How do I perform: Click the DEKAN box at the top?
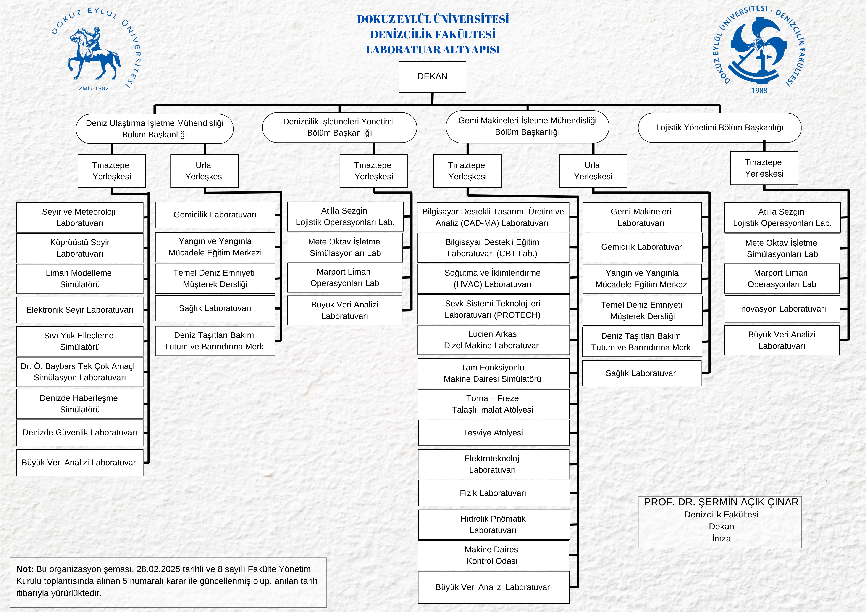[x=432, y=77]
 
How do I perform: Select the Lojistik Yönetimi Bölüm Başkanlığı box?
[x=719, y=128]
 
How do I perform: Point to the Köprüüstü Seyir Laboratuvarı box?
[x=80, y=248]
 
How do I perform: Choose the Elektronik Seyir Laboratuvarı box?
[x=80, y=310]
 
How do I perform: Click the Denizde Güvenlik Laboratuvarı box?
[x=80, y=433]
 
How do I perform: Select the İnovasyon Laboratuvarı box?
[x=782, y=309]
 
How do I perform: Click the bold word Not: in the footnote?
[x=25, y=569]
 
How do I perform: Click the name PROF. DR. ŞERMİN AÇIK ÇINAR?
[x=721, y=502]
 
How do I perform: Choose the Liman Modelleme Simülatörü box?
[x=80, y=279]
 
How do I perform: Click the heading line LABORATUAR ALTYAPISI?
[x=433, y=50]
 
